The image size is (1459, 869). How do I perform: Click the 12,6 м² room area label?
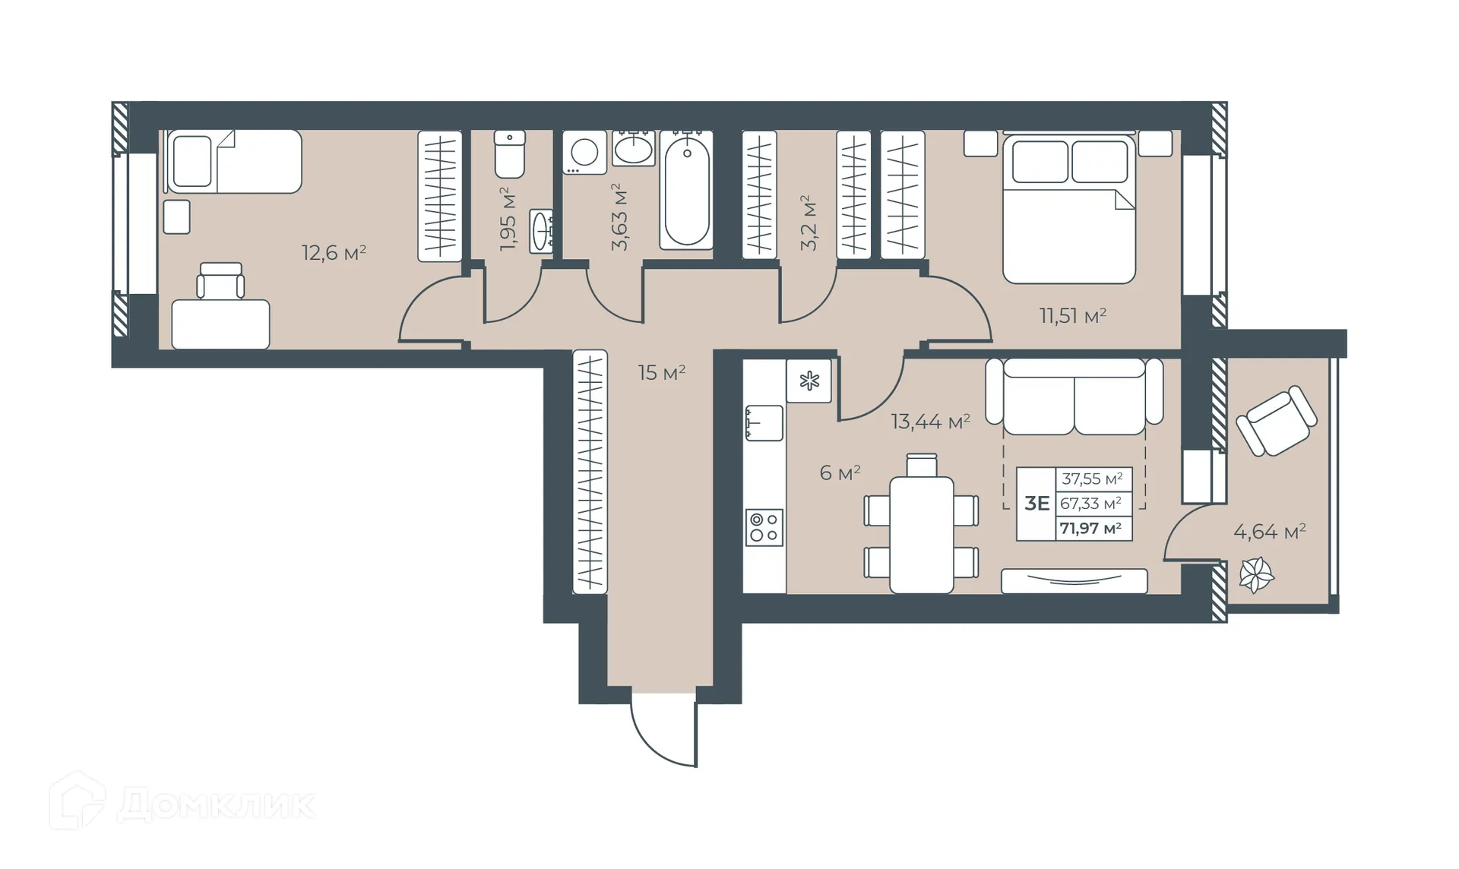[334, 252]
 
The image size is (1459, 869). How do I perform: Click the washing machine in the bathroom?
[584, 152]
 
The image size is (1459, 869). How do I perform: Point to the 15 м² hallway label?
[661, 372]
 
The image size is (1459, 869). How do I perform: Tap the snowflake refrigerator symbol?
[809, 381]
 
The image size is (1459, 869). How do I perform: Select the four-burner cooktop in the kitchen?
[764, 527]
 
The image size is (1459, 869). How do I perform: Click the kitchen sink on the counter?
[764, 422]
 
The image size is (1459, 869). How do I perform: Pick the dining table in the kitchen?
[921, 534]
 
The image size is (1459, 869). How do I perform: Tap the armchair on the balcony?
[1276, 421]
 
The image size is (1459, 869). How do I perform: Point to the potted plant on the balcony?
[1255, 574]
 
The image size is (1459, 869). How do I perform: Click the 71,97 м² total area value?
[1090, 529]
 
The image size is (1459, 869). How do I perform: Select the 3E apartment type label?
[1036, 504]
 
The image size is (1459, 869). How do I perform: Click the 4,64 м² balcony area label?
[1269, 532]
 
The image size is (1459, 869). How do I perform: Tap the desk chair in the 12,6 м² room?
[220, 281]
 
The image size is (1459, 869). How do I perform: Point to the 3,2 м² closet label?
[809, 223]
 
